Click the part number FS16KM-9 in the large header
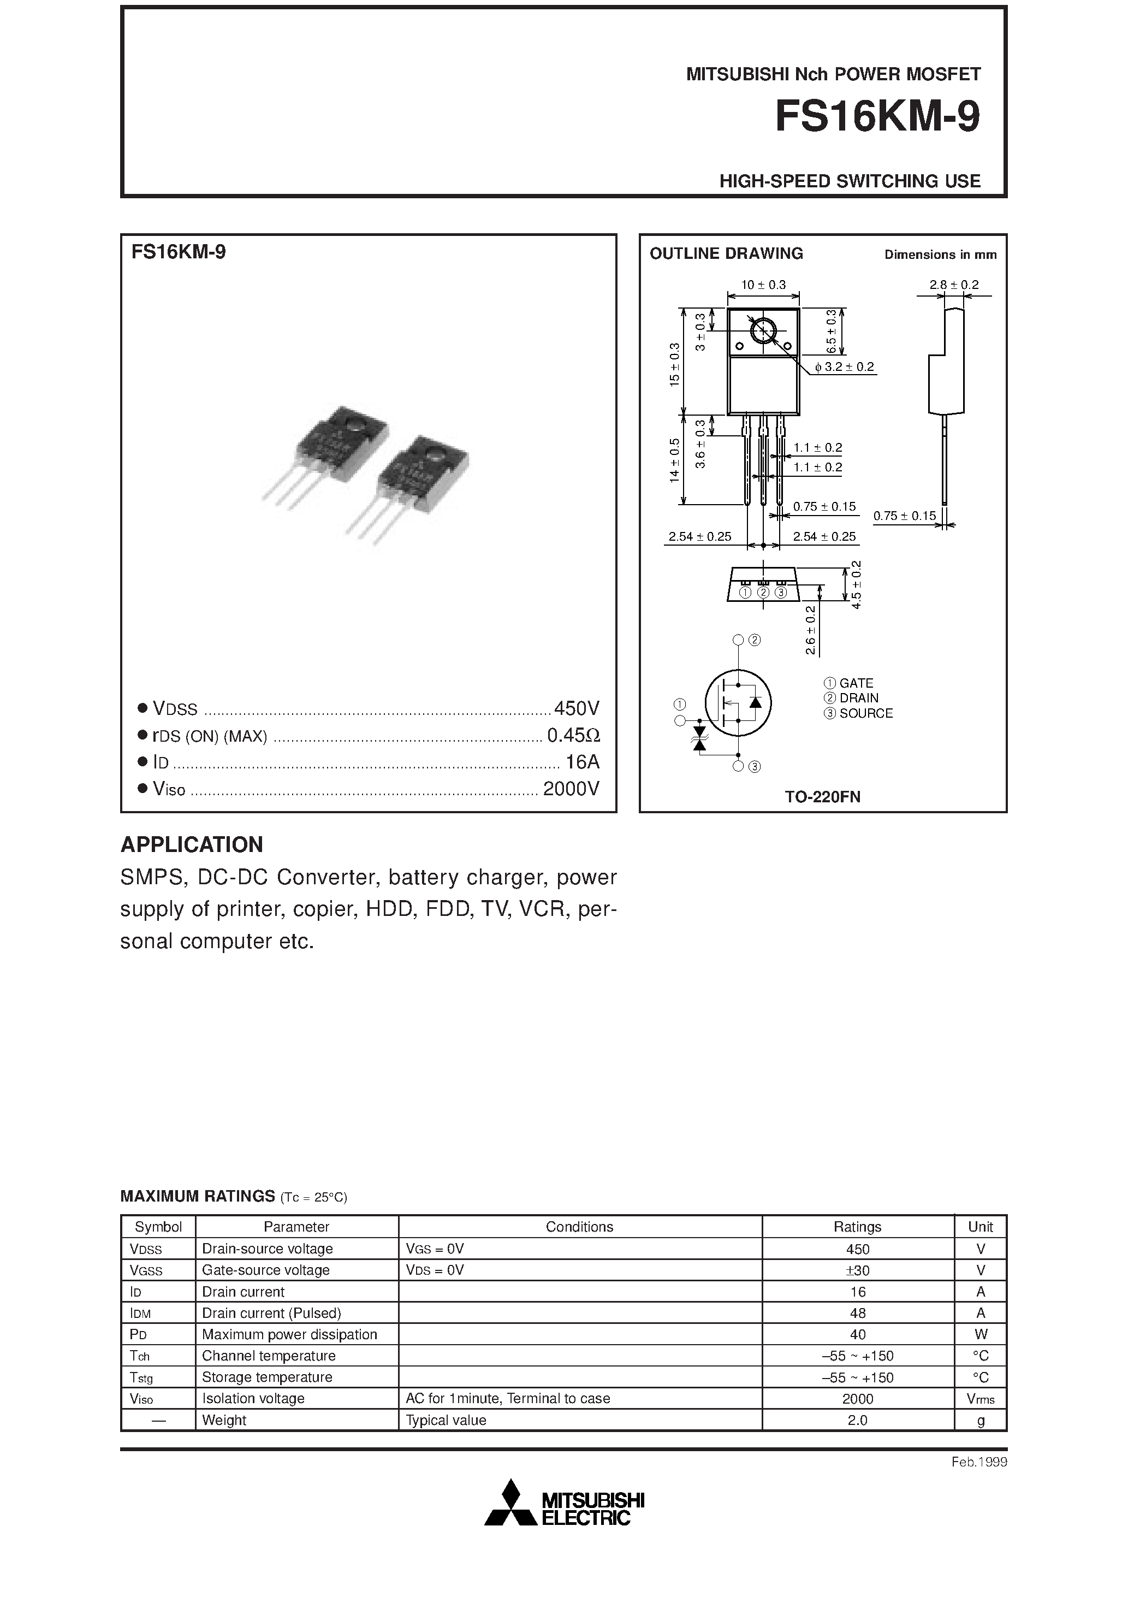point(877,117)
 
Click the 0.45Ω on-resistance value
point(573,735)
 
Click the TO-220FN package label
point(823,797)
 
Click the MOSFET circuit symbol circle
point(738,702)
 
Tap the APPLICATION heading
point(192,844)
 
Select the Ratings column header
point(858,1227)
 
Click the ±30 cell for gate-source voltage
point(858,1270)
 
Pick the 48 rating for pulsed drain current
point(858,1313)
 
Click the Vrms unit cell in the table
point(980,1399)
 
